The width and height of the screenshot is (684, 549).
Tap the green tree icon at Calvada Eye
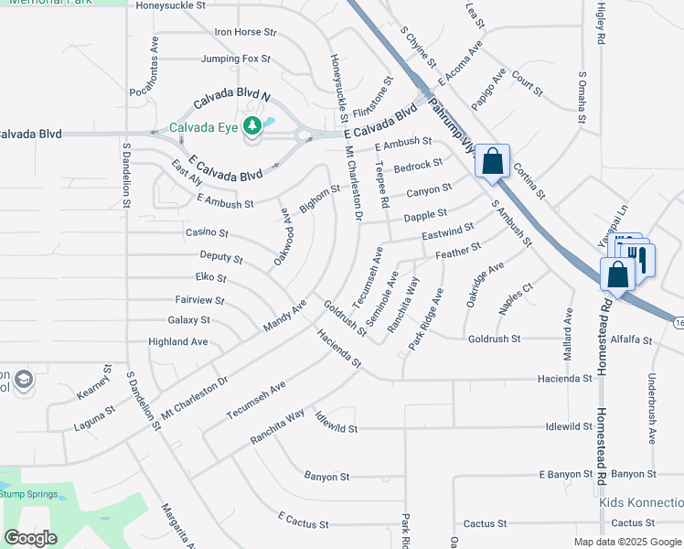click(x=252, y=126)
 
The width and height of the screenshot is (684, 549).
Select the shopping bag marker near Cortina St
click(x=492, y=162)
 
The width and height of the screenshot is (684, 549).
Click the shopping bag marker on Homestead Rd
click(x=618, y=274)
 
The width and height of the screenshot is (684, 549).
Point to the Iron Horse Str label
click(x=244, y=32)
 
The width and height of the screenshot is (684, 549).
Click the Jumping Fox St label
click(x=235, y=59)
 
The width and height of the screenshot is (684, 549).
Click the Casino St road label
click(x=207, y=233)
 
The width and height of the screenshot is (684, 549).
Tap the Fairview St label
click(x=199, y=299)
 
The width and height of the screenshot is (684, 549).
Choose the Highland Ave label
click(x=177, y=342)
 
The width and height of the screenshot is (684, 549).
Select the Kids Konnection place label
click(x=641, y=503)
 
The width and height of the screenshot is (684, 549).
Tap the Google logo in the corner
click(x=31, y=538)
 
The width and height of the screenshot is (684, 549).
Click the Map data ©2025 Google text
click(x=627, y=542)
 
